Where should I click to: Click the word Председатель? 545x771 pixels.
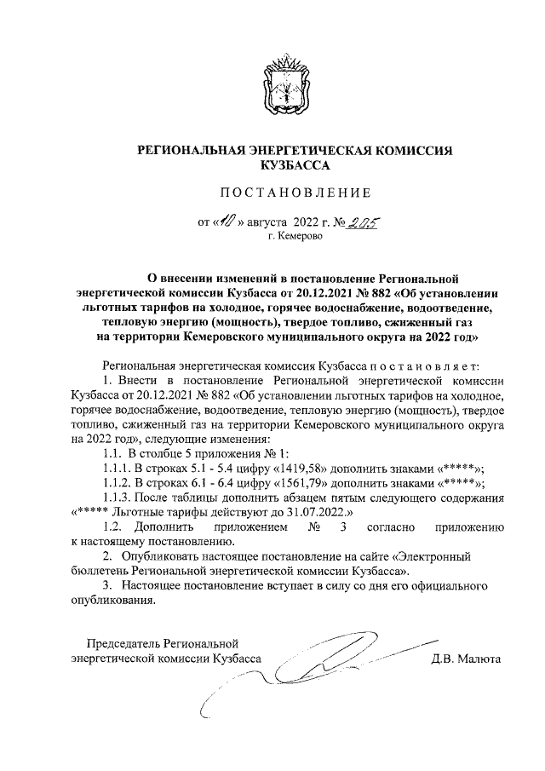[x=123, y=644]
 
